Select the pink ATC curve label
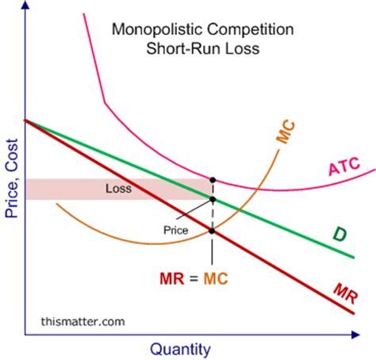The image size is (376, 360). [x=343, y=167]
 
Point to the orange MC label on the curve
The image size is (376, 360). [x=286, y=132]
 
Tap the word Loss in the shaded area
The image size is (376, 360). [x=118, y=189]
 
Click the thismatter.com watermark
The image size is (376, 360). [x=82, y=321]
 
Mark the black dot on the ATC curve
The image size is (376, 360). [x=212, y=179]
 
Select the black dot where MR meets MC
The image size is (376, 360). [x=212, y=231]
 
